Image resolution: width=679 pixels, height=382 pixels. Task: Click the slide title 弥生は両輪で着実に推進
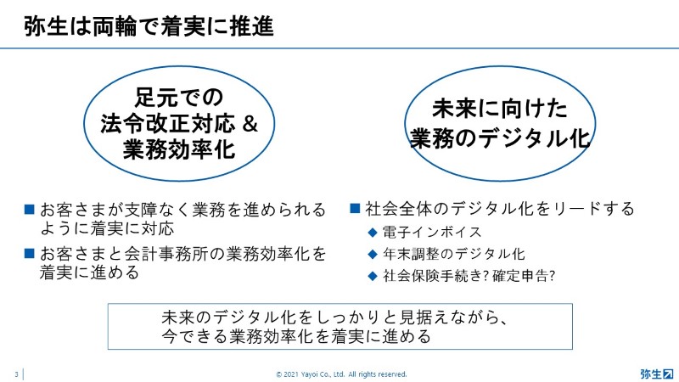(x=149, y=26)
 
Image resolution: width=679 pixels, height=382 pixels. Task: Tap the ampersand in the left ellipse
(x=250, y=124)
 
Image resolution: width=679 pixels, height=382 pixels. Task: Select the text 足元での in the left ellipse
(x=179, y=97)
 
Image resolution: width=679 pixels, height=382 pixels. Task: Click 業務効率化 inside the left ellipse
(x=179, y=149)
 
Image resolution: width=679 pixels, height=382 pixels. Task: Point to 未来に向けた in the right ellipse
(x=500, y=109)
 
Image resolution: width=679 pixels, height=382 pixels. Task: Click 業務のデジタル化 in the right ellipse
(x=500, y=138)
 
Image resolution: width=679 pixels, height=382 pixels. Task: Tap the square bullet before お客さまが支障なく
(x=30, y=210)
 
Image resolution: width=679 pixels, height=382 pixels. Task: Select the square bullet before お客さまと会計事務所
(x=30, y=253)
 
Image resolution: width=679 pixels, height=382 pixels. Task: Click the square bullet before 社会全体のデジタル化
(x=355, y=208)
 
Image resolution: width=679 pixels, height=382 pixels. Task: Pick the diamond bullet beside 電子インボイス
(x=373, y=233)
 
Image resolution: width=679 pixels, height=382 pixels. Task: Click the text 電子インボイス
(x=432, y=232)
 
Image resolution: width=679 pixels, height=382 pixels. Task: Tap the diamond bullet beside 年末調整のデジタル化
(x=373, y=254)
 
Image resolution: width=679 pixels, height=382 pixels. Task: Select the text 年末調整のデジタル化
(x=454, y=254)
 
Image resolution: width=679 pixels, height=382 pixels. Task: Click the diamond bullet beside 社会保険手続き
(x=373, y=277)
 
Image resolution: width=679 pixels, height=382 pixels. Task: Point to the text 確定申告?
(x=524, y=275)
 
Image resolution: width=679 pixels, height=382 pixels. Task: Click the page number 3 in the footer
(x=16, y=374)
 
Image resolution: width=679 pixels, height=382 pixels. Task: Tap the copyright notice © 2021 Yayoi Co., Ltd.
(x=342, y=374)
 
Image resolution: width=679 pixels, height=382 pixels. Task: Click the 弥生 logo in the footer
(x=657, y=374)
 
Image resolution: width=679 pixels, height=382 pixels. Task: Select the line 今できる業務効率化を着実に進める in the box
(x=296, y=336)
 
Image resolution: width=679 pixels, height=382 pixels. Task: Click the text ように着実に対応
(x=107, y=228)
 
